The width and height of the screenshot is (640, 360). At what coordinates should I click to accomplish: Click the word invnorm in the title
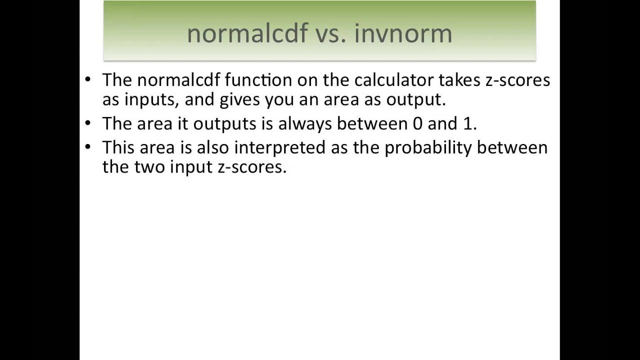[x=403, y=33]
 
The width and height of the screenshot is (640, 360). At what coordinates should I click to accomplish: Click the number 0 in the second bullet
[x=418, y=124]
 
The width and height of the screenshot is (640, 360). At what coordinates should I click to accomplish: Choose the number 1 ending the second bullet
[x=468, y=124]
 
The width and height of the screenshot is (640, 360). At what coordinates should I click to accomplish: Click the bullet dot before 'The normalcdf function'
[x=88, y=80]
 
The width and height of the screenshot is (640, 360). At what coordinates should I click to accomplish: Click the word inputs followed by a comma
[x=151, y=100]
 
